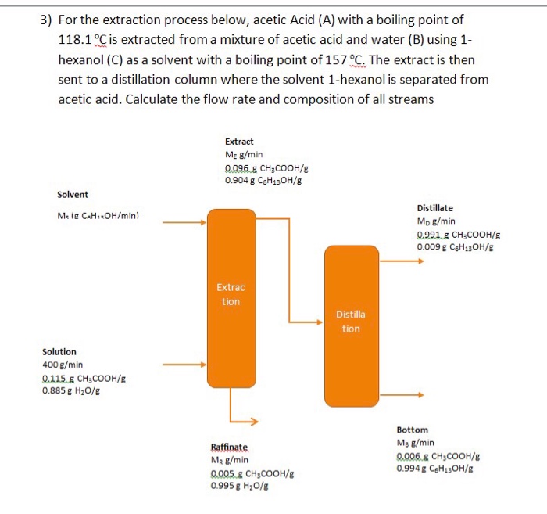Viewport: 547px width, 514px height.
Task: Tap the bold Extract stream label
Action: click(x=238, y=142)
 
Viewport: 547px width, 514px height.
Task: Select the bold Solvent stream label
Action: click(x=73, y=194)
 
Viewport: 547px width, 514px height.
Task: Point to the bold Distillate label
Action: click(x=434, y=208)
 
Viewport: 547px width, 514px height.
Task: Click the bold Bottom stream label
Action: click(x=412, y=430)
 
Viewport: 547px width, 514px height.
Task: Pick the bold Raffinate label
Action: click(x=228, y=447)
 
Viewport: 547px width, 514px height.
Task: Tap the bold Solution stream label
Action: click(x=59, y=352)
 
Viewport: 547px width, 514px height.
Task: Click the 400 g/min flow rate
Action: click(x=63, y=365)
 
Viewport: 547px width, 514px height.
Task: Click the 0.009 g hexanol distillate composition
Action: click(x=458, y=246)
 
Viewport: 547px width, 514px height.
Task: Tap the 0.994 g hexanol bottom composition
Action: click(x=437, y=469)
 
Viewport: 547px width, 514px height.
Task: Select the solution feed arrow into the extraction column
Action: click(x=184, y=365)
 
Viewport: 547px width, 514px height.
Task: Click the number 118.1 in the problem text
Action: click(x=77, y=40)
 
